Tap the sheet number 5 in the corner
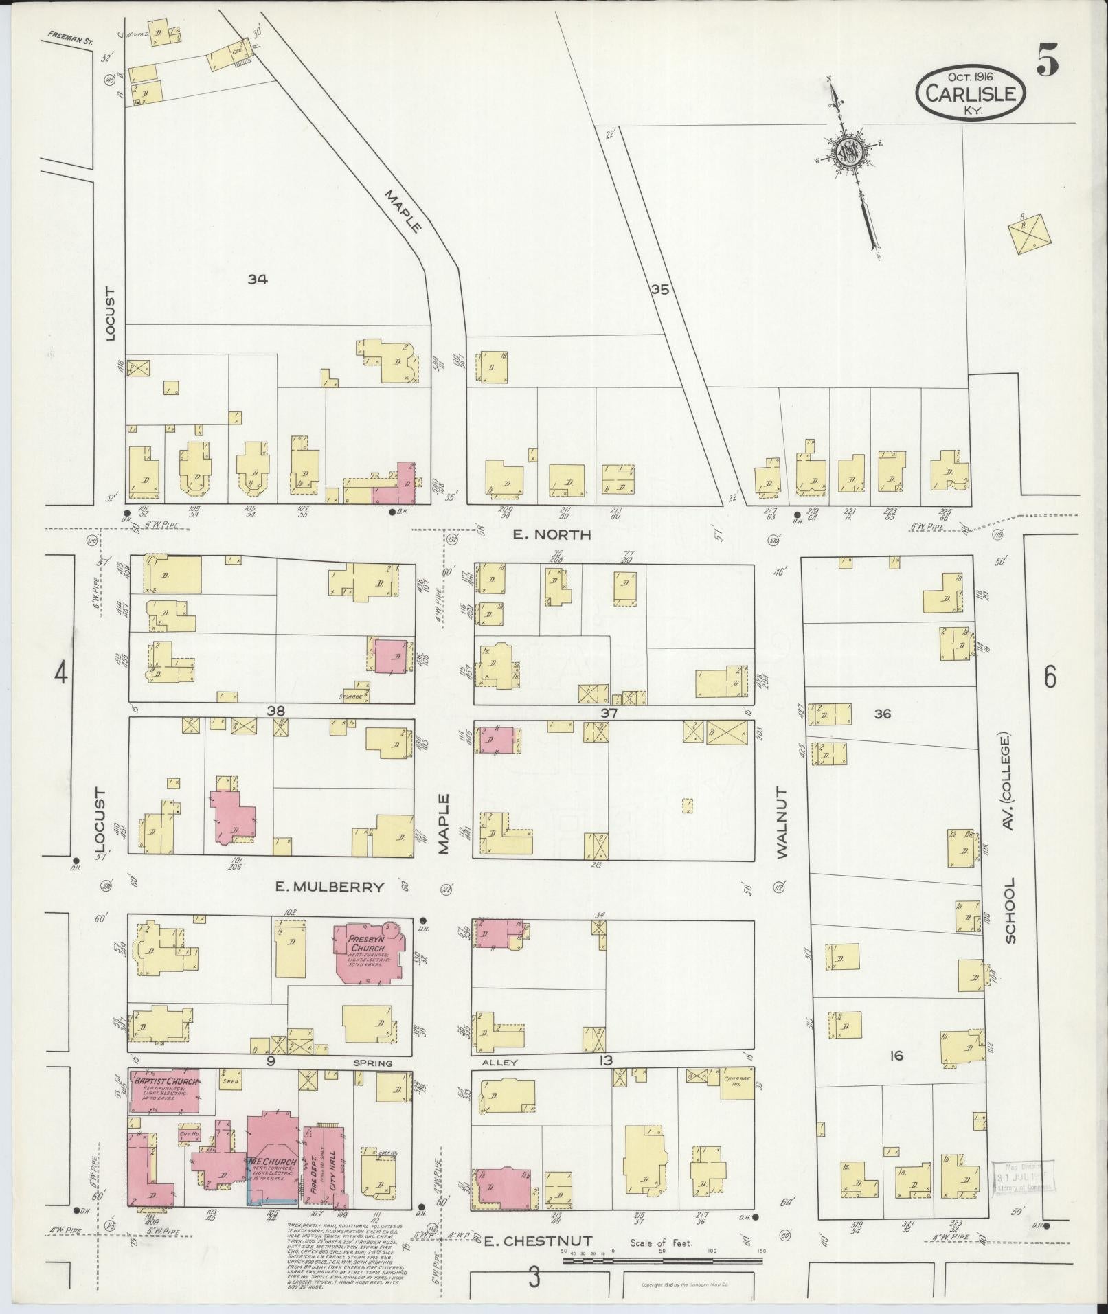[1048, 62]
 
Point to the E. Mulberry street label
[329, 887]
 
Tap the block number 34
[258, 279]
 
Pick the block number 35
[659, 290]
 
